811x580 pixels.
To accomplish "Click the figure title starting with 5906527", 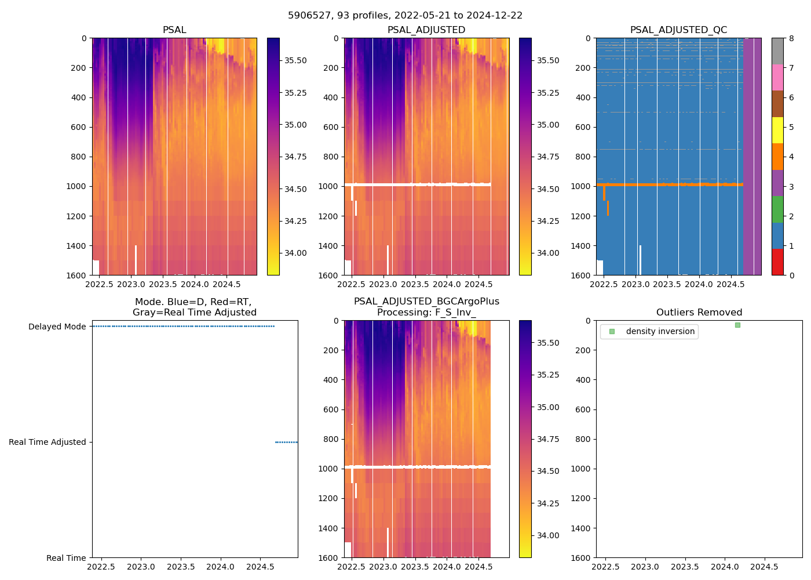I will tap(405, 16).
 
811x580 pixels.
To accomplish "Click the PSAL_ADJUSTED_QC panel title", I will tap(678, 30).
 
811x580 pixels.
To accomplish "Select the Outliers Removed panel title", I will tap(699, 313).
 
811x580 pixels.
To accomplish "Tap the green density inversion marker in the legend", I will tap(612, 332).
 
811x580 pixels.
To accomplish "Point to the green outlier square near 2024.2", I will tap(737, 325).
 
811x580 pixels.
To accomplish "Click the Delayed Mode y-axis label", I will tap(57, 327).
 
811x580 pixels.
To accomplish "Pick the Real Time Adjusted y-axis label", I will tap(48, 442).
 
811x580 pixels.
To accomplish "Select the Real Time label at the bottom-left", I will tap(66, 558).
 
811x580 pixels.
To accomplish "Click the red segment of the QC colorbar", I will tap(777, 262).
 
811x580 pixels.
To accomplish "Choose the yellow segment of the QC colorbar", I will tap(777, 130).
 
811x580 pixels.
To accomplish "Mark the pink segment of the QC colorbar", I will tap(777, 77).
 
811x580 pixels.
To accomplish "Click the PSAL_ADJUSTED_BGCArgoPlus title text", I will tap(426, 302).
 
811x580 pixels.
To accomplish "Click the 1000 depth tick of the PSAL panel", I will tap(76, 186).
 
